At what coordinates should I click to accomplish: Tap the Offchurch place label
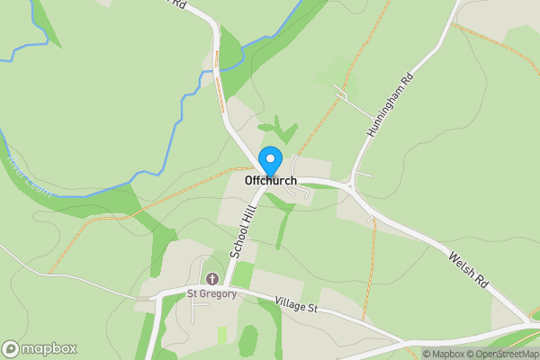(x=270, y=181)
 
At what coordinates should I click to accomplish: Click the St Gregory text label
(x=211, y=293)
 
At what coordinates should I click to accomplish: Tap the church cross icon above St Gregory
(x=212, y=278)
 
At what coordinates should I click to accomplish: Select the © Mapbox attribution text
(x=444, y=354)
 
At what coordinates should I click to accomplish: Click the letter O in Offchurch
(x=249, y=181)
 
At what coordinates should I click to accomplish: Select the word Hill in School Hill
(x=247, y=214)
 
